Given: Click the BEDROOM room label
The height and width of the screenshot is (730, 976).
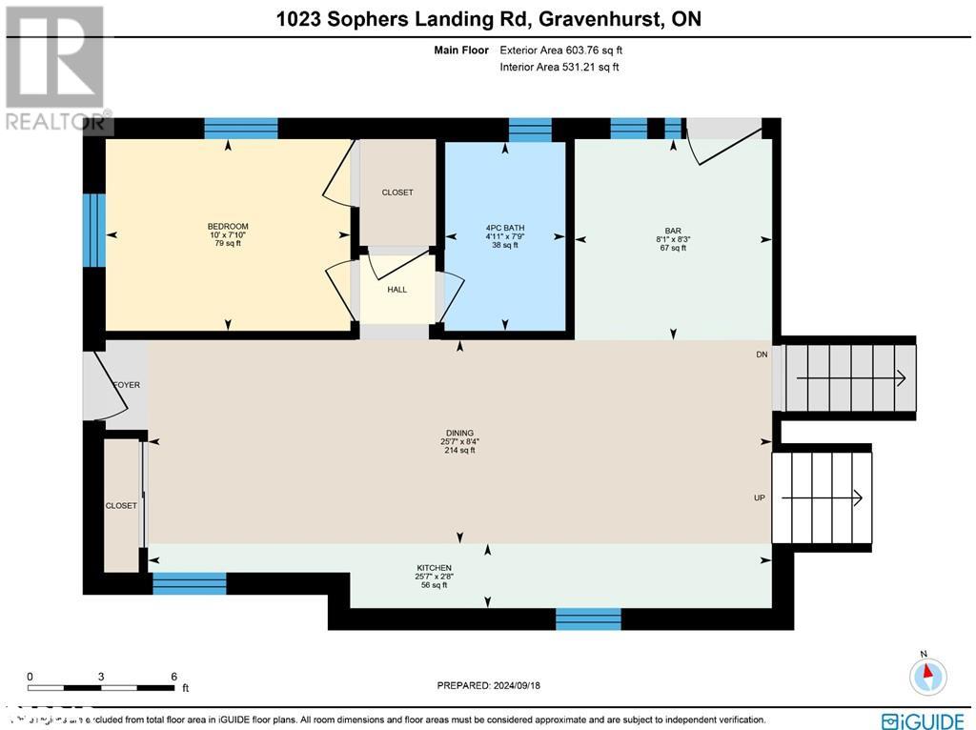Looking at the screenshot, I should click(x=228, y=227).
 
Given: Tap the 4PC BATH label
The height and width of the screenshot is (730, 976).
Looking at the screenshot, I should click(x=505, y=228).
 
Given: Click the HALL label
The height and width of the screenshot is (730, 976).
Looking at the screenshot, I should click(x=397, y=290).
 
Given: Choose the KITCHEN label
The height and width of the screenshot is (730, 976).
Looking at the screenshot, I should click(x=434, y=568).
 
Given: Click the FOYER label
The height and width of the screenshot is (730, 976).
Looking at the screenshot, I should click(x=127, y=385).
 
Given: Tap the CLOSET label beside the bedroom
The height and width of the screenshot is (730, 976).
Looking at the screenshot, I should click(x=397, y=193).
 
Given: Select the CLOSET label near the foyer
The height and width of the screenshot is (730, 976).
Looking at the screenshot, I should click(x=121, y=506).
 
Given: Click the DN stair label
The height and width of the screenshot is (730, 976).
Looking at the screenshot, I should click(x=762, y=355).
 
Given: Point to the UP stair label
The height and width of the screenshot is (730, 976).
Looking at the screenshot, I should click(x=761, y=498).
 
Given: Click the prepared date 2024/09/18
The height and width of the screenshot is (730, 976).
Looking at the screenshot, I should click(x=488, y=685).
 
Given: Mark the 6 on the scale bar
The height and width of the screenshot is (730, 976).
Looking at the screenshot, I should click(x=173, y=677).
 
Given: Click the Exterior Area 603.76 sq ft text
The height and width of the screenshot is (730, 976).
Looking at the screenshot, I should click(x=562, y=51).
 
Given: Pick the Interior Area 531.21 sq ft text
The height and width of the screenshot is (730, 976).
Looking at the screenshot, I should click(x=560, y=67).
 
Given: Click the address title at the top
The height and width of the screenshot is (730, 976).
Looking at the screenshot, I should click(x=488, y=19).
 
